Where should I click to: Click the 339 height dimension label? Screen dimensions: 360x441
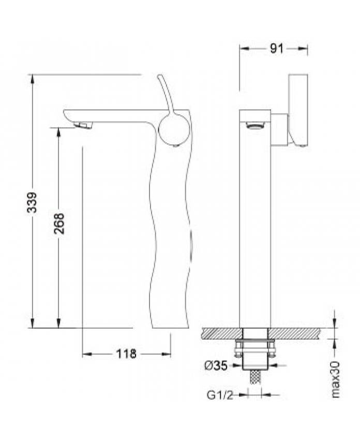coord(32,202)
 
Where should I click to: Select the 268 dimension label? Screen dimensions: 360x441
coord(59,224)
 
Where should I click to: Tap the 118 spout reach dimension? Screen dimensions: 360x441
coord(126,354)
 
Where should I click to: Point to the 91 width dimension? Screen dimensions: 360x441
coord(277,49)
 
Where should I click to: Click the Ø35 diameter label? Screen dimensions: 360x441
coord(216,365)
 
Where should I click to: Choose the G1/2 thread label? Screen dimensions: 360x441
coord(220,395)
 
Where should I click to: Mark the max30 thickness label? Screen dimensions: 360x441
coord(336,380)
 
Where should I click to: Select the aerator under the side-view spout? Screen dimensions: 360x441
coord(83,125)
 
